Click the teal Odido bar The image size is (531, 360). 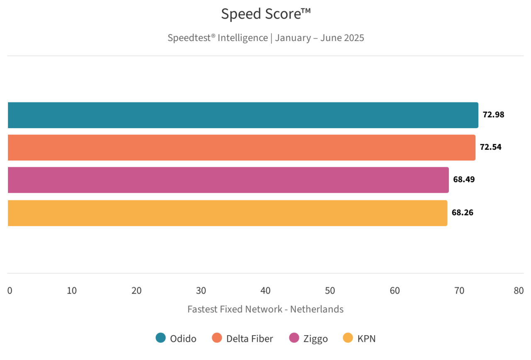[x=243, y=115]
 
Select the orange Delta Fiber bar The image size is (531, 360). [x=241, y=148]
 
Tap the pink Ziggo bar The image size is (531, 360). [x=228, y=180]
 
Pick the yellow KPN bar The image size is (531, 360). [x=227, y=213]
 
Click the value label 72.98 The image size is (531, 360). [x=493, y=115]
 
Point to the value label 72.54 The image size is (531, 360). [x=491, y=147]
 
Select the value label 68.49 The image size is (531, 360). [x=464, y=180]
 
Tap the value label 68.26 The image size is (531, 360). [x=463, y=213]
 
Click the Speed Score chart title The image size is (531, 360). [x=265, y=15]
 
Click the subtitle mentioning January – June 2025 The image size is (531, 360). [x=265, y=38]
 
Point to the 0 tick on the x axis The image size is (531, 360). [x=10, y=291]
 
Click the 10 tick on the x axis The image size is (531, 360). [x=72, y=291]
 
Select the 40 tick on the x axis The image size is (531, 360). [x=265, y=291]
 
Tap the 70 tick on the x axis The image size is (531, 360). [x=459, y=291]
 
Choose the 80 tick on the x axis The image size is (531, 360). [x=519, y=291]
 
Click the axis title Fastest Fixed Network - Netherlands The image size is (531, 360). [x=265, y=309]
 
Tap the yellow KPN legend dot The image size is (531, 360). [x=348, y=338]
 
